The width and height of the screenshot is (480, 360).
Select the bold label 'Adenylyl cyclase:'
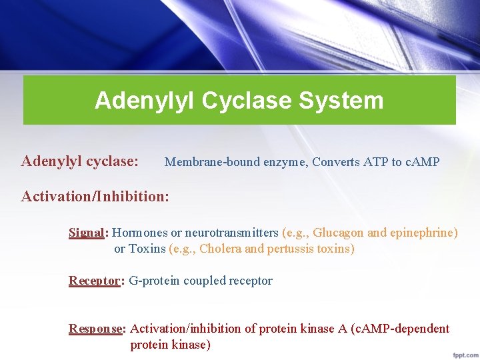80,161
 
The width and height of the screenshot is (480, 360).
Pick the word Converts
337,162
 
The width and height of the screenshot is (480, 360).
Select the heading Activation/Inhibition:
95,197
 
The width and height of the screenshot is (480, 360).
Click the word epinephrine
424,233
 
